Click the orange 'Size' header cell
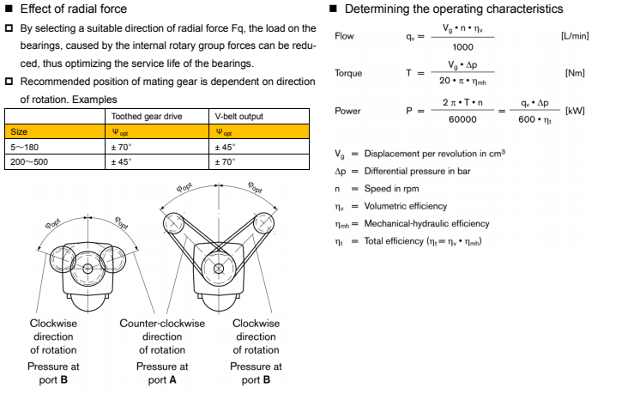point(18,132)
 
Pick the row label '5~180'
point(23,147)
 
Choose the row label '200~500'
point(28,161)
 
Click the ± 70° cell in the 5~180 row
point(124,147)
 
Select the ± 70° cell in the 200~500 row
point(225,161)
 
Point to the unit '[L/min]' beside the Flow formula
point(575,37)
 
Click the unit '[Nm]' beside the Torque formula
point(575,74)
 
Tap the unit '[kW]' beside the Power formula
point(575,111)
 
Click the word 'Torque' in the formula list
point(348,74)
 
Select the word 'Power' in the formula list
point(347,111)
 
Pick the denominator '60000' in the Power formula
point(462,119)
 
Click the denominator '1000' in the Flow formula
point(462,47)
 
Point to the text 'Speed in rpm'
point(394,189)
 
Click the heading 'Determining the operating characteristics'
point(454,9)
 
